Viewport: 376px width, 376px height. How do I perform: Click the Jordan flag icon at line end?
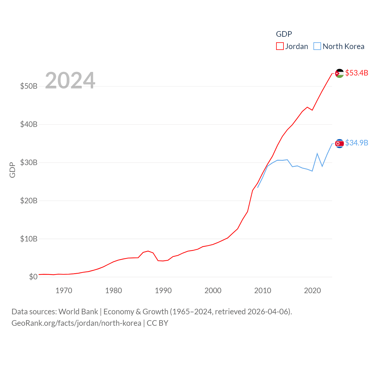click(340, 73)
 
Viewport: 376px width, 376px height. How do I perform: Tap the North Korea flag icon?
click(340, 143)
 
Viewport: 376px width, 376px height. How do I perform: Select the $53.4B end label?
click(357, 73)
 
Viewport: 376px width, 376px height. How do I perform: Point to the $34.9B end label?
click(357, 143)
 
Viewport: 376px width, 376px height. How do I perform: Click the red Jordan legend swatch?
click(280, 46)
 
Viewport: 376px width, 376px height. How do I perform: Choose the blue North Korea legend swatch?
click(317, 46)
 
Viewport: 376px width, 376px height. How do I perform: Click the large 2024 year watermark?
click(70, 80)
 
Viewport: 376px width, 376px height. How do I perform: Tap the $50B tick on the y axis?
click(29, 86)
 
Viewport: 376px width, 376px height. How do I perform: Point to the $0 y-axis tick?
click(33, 277)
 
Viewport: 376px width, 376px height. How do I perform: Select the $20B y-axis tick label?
click(29, 201)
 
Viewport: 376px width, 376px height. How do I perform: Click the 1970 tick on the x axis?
click(64, 291)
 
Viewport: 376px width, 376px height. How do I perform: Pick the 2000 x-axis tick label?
click(213, 291)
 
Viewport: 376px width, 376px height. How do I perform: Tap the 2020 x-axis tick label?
click(312, 291)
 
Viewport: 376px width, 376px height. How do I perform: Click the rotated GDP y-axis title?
click(12, 170)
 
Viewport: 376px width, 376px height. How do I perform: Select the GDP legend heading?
click(284, 34)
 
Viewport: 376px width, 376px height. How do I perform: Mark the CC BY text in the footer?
click(157, 323)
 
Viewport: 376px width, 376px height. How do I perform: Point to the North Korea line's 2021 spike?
click(317, 153)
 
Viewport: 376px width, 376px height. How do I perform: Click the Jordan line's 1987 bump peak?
click(148, 251)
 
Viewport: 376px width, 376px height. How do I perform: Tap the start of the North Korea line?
click(258, 187)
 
